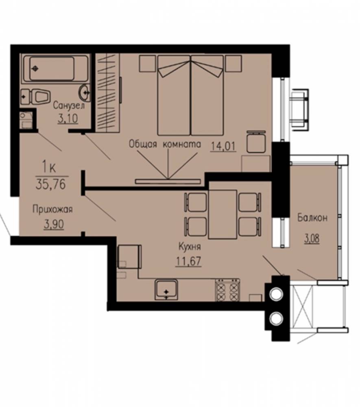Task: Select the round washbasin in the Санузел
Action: tap(85, 93)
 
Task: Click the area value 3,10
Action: tap(68, 118)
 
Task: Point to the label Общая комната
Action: tap(165, 144)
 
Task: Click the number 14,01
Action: tap(223, 147)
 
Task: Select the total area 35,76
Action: tap(51, 184)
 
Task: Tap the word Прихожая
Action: tap(52, 209)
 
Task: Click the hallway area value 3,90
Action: tap(54, 224)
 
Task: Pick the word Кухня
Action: tap(190, 247)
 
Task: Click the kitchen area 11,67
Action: tap(189, 261)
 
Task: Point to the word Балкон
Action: tap(312, 217)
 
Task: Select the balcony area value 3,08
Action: tap(312, 239)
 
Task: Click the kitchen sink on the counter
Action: tap(166, 290)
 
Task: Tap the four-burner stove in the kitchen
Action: tap(227, 290)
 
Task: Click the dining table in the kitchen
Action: tap(223, 214)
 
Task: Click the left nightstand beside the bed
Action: tap(148, 63)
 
